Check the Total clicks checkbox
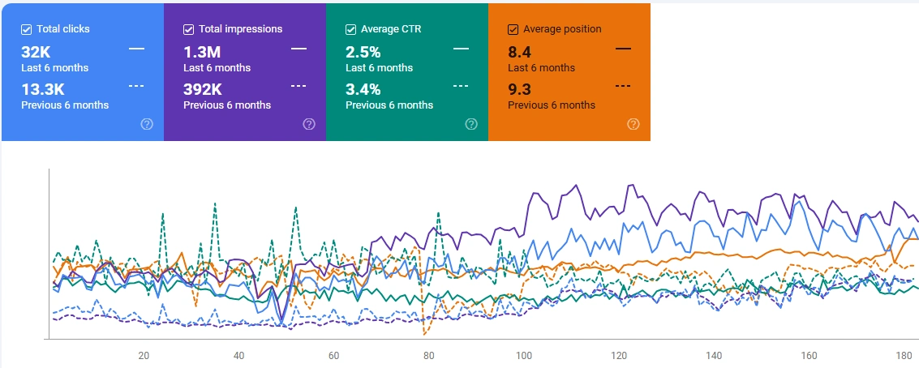27,29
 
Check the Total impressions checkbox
189,29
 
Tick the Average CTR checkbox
351,29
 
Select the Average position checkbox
513,29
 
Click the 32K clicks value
36,53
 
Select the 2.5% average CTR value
363,53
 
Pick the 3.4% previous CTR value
363,89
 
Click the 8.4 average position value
518,53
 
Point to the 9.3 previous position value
518,89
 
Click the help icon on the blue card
147,124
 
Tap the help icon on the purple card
309,124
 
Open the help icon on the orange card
633,124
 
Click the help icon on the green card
471,124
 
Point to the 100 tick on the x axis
524,356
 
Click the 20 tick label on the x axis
144,356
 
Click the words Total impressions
240,29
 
